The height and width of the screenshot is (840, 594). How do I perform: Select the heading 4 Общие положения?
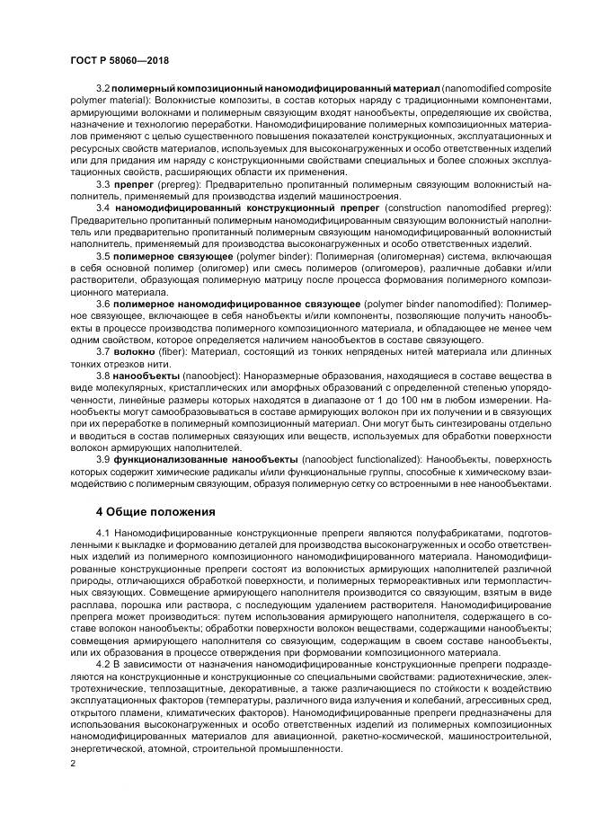(x=155, y=512)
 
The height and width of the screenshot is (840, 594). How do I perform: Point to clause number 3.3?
(x=102, y=183)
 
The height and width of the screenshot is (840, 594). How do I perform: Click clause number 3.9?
(x=102, y=458)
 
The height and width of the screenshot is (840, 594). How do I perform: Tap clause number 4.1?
(x=102, y=535)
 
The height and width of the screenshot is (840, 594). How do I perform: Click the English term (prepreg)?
(x=175, y=183)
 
